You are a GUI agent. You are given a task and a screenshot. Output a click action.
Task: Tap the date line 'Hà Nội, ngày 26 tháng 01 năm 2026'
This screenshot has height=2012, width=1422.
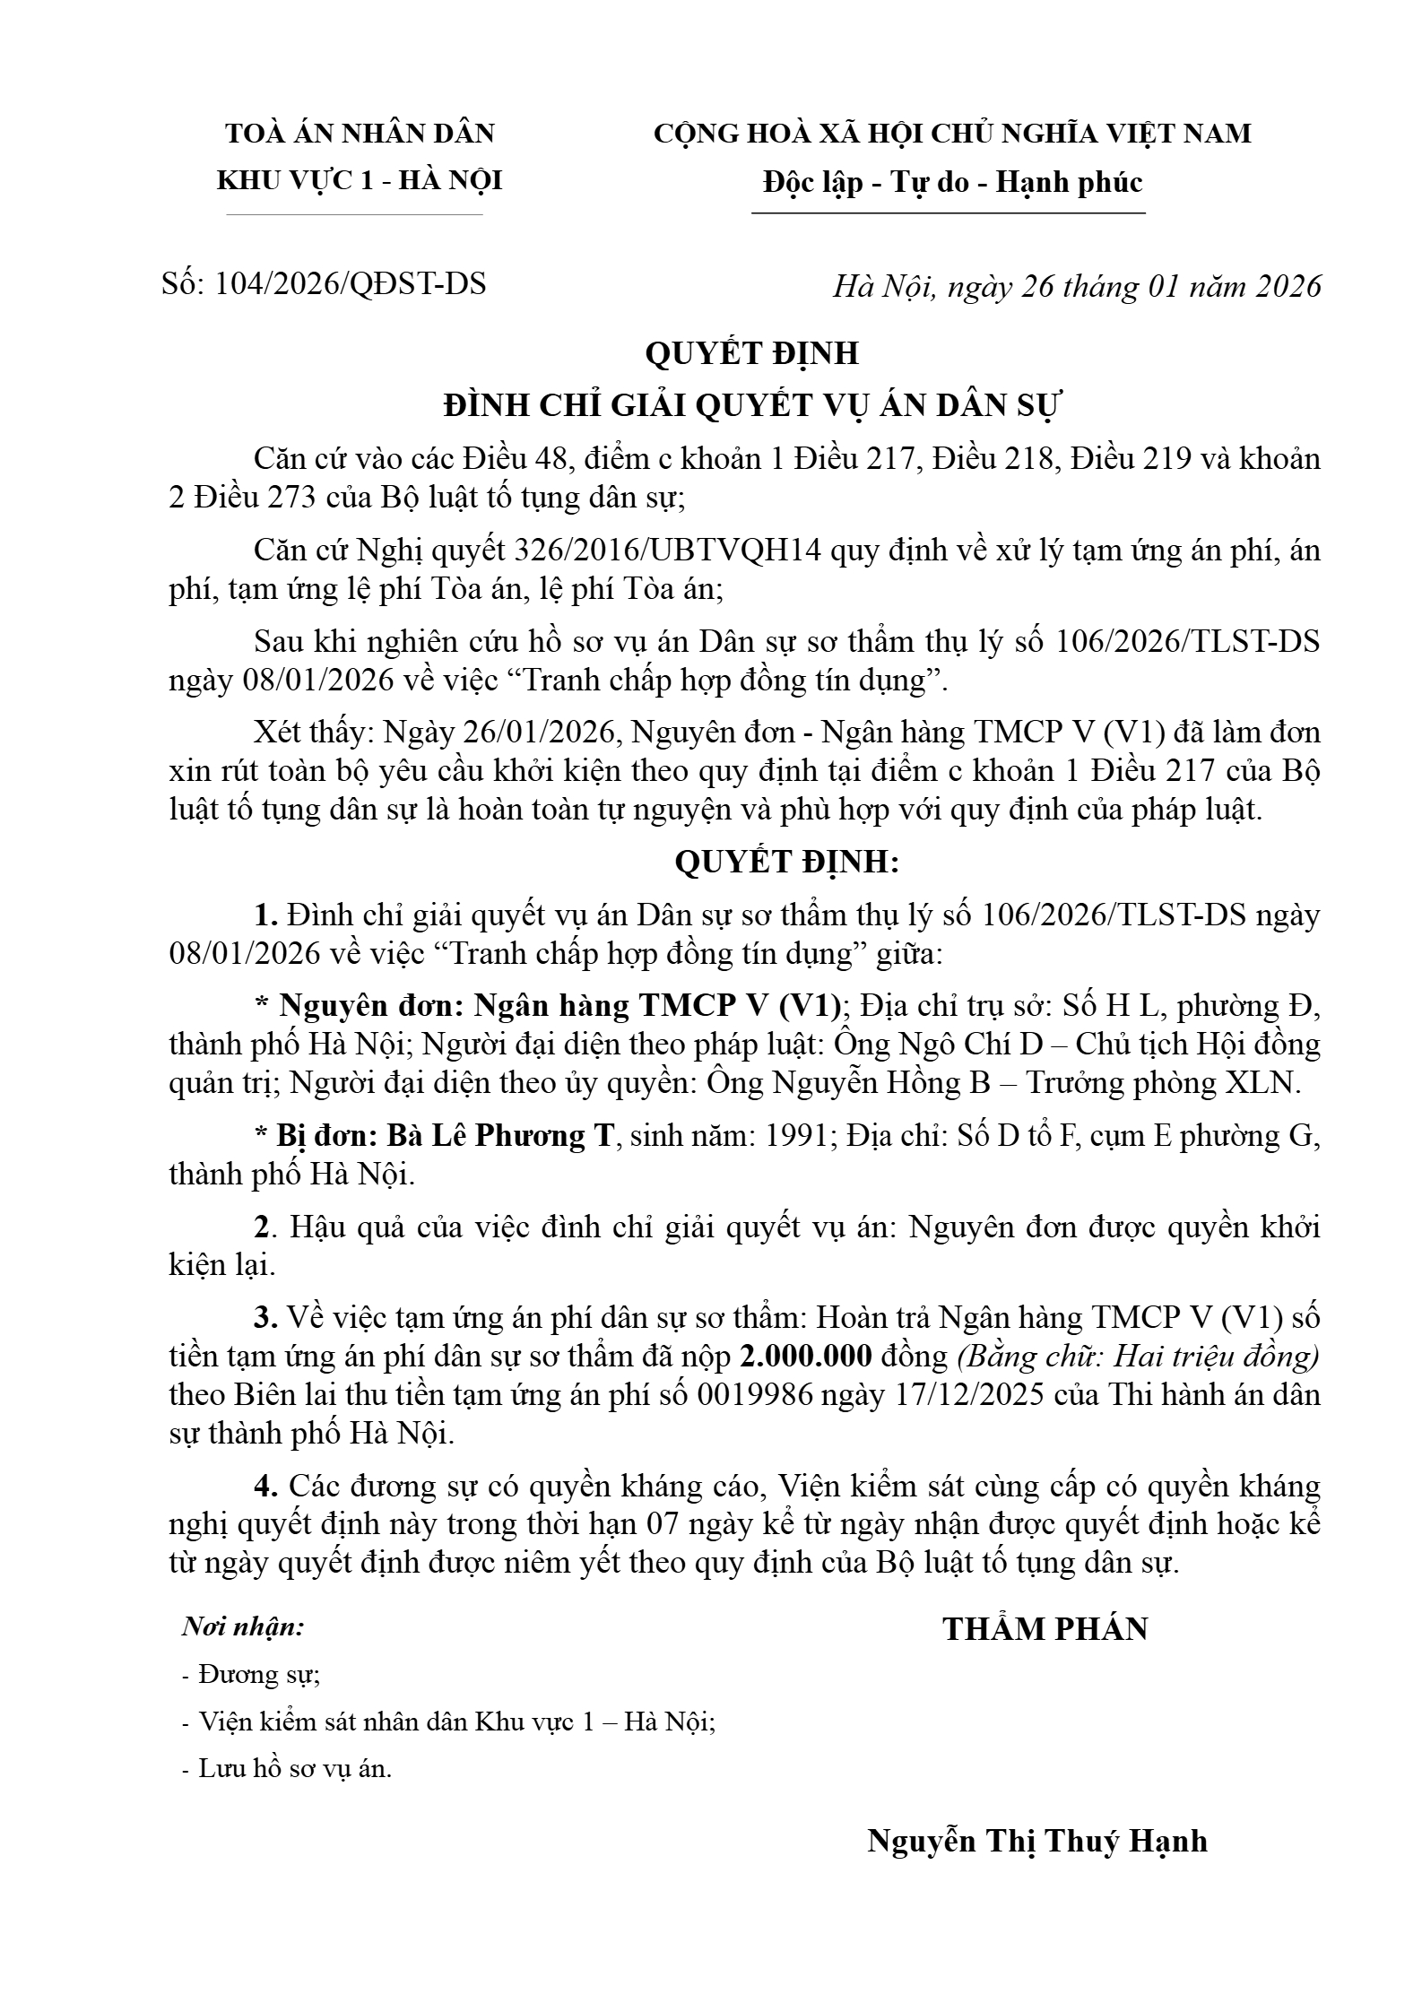(1077, 286)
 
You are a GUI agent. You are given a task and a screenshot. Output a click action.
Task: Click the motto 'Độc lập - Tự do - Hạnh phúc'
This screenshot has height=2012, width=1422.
(952, 183)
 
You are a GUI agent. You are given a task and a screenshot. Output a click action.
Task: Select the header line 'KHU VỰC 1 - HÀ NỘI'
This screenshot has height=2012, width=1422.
(360, 181)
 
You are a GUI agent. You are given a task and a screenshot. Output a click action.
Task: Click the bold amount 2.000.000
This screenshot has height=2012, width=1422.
(806, 1357)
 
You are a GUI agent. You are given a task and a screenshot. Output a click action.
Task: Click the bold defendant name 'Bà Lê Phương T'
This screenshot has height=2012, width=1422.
(501, 1135)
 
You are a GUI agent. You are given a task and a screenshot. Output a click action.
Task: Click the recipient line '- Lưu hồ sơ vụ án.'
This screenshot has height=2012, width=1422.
(287, 1769)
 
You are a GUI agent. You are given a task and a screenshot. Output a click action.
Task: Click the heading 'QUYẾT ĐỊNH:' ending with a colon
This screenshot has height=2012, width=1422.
(786, 863)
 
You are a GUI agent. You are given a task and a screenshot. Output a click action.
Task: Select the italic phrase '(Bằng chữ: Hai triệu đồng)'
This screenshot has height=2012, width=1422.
(1139, 1357)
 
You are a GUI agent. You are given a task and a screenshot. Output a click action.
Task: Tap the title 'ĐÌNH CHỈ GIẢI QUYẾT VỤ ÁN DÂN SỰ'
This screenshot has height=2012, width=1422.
(752, 406)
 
